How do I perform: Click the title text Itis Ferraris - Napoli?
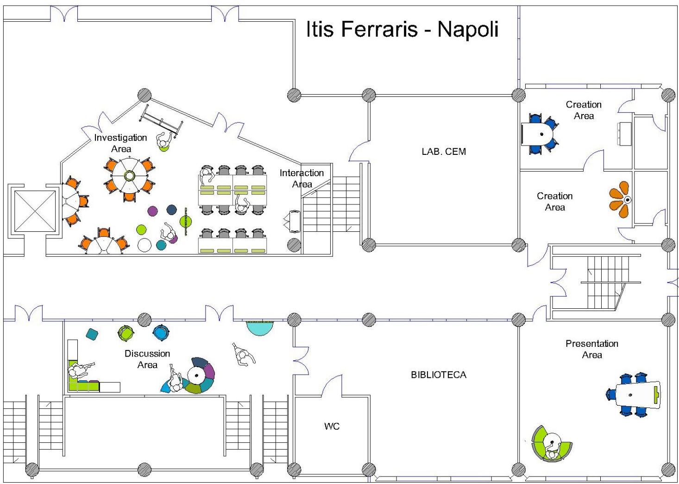click(402, 29)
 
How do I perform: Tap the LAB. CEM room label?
click(443, 152)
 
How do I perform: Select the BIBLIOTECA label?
click(438, 375)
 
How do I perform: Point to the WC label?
click(332, 426)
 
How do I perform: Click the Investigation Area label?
click(120, 143)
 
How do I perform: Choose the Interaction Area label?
click(302, 178)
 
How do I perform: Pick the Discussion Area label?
click(147, 359)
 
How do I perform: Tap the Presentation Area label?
click(591, 349)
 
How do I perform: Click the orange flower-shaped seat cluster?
click(620, 200)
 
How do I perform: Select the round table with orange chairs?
click(130, 176)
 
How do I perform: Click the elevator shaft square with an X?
click(35, 211)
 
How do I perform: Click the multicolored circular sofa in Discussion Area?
click(198, 376)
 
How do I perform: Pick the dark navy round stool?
click(171, 210)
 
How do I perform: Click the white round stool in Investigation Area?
click(145, 245)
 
